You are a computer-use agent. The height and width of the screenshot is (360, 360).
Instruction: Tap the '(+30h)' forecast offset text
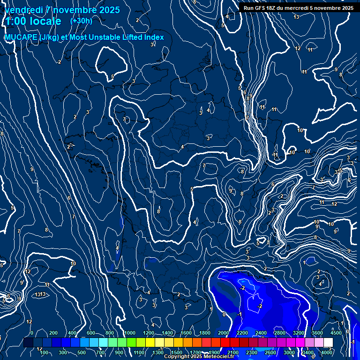pos(81,21)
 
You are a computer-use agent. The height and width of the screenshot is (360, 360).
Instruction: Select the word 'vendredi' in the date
pos(23,10)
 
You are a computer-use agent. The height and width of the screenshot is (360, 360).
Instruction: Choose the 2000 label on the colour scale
pos(224,333)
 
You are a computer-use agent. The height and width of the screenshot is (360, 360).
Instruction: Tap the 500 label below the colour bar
pos(82,352)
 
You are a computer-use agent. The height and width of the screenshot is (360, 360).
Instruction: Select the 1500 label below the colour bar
pos(176,352)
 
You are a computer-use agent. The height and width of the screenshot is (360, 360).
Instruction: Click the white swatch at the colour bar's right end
pos(328,342)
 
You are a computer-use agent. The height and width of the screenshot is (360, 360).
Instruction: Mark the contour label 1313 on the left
pos(40,294)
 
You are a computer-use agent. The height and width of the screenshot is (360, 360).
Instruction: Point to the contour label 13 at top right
pos(296,17)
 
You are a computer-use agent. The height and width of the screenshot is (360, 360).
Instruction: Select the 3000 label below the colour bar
pos(289,352)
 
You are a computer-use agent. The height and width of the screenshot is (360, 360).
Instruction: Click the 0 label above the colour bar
pos(31,333)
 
